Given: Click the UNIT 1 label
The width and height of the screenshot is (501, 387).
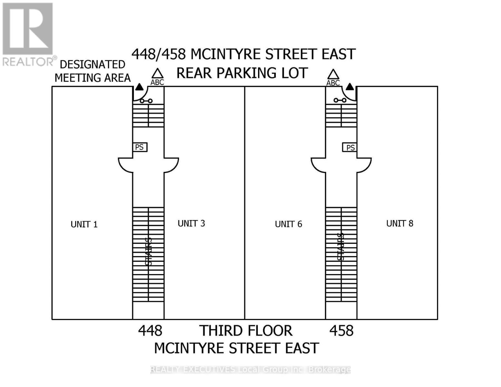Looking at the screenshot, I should [84, 224].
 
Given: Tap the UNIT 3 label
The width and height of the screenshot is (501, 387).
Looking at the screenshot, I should [191, 223].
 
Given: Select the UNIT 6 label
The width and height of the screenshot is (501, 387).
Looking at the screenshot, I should [288, 224].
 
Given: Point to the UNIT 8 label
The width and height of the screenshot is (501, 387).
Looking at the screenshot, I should [400, 223].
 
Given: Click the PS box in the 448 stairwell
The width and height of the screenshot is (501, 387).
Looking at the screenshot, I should [140, 147].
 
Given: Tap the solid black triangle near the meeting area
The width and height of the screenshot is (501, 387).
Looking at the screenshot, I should [139, 86].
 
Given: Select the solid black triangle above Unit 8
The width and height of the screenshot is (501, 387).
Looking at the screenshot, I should [350, 86].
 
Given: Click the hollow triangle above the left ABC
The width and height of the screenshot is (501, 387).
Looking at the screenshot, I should [157, 74].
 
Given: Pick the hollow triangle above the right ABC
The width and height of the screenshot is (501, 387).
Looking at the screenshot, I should [333, 74].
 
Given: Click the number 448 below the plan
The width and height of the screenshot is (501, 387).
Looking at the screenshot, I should [150, 331].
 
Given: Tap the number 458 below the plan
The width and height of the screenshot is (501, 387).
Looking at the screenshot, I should [341, 331].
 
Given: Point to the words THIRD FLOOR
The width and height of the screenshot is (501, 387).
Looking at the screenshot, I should [246, 331].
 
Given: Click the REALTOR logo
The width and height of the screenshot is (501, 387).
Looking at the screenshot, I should [28, 34].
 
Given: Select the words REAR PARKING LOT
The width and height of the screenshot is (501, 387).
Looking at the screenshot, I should [242, 73].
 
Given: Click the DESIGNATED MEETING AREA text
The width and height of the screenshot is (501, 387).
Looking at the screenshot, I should [93, 71].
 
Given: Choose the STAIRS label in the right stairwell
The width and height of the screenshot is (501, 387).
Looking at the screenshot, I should [341, 247].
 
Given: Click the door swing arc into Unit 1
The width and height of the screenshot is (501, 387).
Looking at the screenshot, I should [125, 164].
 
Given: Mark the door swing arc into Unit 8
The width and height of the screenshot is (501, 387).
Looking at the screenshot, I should [365, 164].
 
